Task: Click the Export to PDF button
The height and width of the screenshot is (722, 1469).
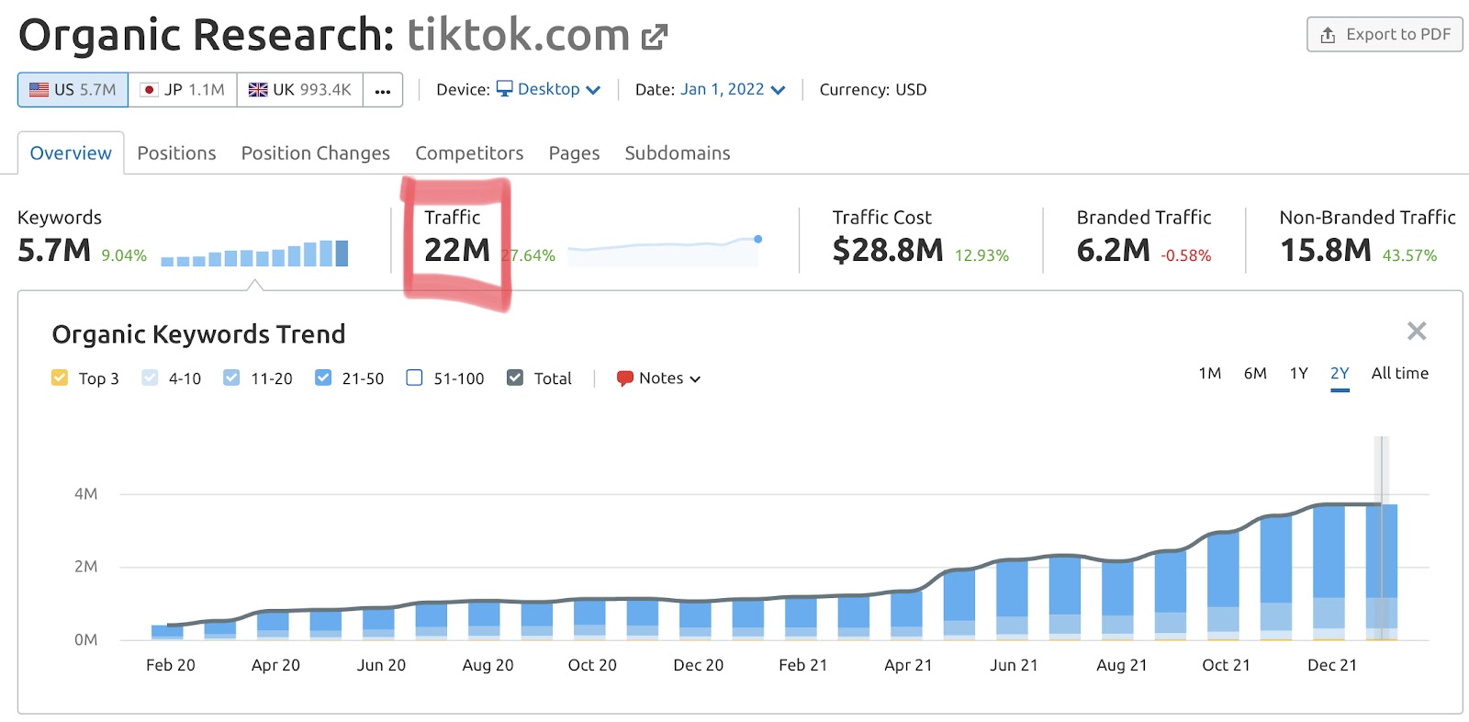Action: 1385,35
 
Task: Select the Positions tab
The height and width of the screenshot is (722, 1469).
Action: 176,153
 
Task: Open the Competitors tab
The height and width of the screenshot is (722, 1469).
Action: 469,153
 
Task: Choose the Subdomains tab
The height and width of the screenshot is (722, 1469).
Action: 678,153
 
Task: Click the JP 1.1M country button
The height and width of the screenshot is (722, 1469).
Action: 183,90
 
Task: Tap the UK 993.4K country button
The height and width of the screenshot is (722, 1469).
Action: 300,90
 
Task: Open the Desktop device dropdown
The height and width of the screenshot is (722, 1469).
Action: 549,89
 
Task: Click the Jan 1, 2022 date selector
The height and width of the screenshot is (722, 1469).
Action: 733,89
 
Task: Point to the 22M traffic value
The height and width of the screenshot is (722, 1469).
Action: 456,250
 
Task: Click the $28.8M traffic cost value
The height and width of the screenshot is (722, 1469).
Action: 887,250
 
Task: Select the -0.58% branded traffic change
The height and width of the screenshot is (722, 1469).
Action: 1185,256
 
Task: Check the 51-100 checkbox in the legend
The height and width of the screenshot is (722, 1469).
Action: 415,378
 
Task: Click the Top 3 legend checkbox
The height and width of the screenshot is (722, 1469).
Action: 60,378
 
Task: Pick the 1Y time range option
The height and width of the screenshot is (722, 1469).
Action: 1298,373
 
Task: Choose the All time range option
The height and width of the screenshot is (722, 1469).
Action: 1399,373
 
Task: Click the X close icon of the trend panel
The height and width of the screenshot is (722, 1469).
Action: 1417,331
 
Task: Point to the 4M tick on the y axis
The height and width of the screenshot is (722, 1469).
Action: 85,494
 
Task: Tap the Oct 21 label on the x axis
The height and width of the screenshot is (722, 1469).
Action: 1226,665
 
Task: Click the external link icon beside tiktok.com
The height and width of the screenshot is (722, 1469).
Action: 654,37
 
